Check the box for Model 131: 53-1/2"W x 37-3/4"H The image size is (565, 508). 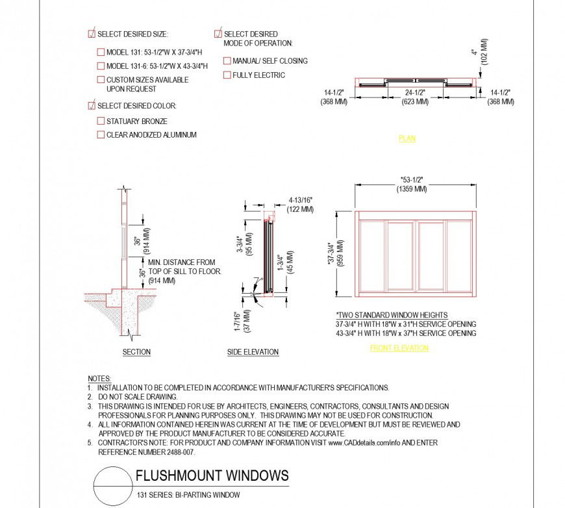point(101,52)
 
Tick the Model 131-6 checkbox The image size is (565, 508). point(101,66)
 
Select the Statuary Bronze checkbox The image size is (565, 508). point(101,121)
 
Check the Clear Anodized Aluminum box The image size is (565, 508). point(101,134)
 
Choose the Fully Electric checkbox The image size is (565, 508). point(227,75)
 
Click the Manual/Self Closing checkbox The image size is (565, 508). point(227,61)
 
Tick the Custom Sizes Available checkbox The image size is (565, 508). point(101,80)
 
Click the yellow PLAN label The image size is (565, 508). point(407,138)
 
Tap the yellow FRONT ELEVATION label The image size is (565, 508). point(399,348)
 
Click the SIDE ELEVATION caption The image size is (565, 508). point(253,352)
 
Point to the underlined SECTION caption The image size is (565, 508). point(136,352)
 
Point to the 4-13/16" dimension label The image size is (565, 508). point(300,201)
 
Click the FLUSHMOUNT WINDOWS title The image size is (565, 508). point(212,476)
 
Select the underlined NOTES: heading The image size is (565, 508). point(99,378)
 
